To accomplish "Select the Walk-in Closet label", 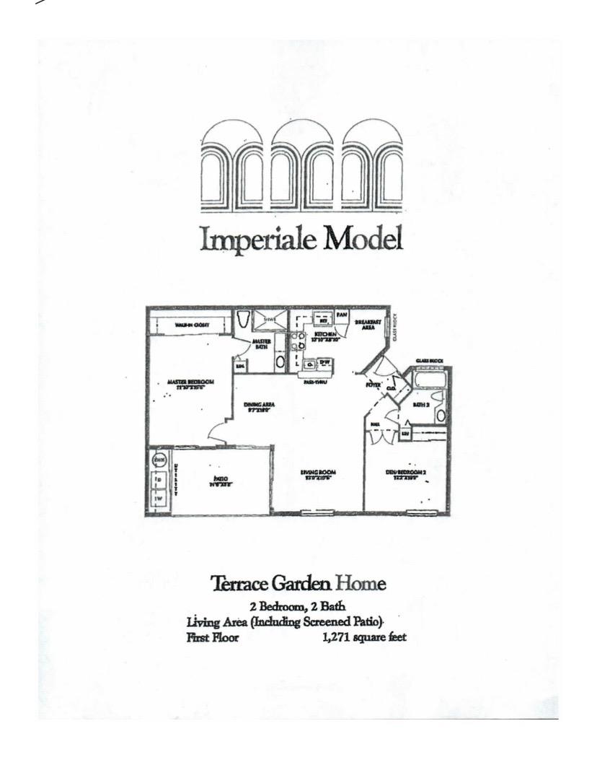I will click(x=192, y=325).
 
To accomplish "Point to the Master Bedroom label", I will click(x=190, y=383).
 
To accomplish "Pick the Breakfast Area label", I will click(x=368, y=325).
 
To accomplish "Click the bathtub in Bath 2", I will click(x=430, y=380).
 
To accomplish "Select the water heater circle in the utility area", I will click(x=159, y=458).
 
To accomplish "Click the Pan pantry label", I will click(x=342, y=315).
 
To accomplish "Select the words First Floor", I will click(x=212, y=637).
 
